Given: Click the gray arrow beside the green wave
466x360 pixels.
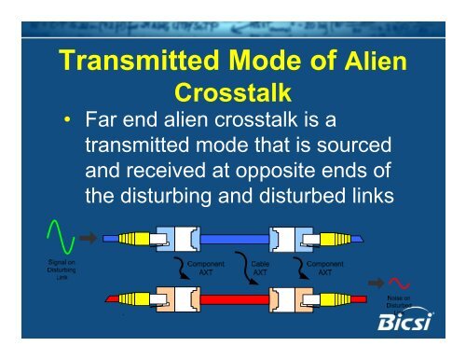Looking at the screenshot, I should (87, 238).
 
